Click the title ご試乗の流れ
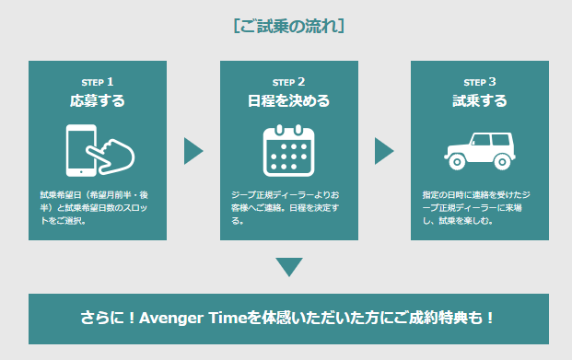pyautogui.click(x=288, y=27)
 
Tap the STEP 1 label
pyautogui.click(x=98, y=82)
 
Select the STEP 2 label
pyautogui.click(x=288, y=82)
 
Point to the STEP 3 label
pyautogui.click(x=480, y=82)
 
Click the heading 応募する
pyautogui.click(x=98, y=100)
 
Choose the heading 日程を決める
pyautogui.click(x=288, y=100)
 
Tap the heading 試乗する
pyautogui.click(x=480, y=100)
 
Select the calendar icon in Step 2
pyautogui.click(x=288, y=151)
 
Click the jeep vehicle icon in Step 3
pyautogui.click(x=480, y=151)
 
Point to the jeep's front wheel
pyautogui.click(x=457, y=161)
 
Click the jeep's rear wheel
pyautogui.click(x=502, y=161)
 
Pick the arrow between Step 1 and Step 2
pyautogui.click(x=193, y=151)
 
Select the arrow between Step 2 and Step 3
pyautogui.click(x=383, y=151)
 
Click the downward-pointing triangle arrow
pyautogui.click(x=289, y=266)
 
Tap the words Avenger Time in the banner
pyautogui.click(x=193, y=318)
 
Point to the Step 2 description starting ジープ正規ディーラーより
pyautogui.click(x=286, y=207)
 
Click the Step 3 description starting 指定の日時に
pyautogui.click(x=476, y=207)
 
